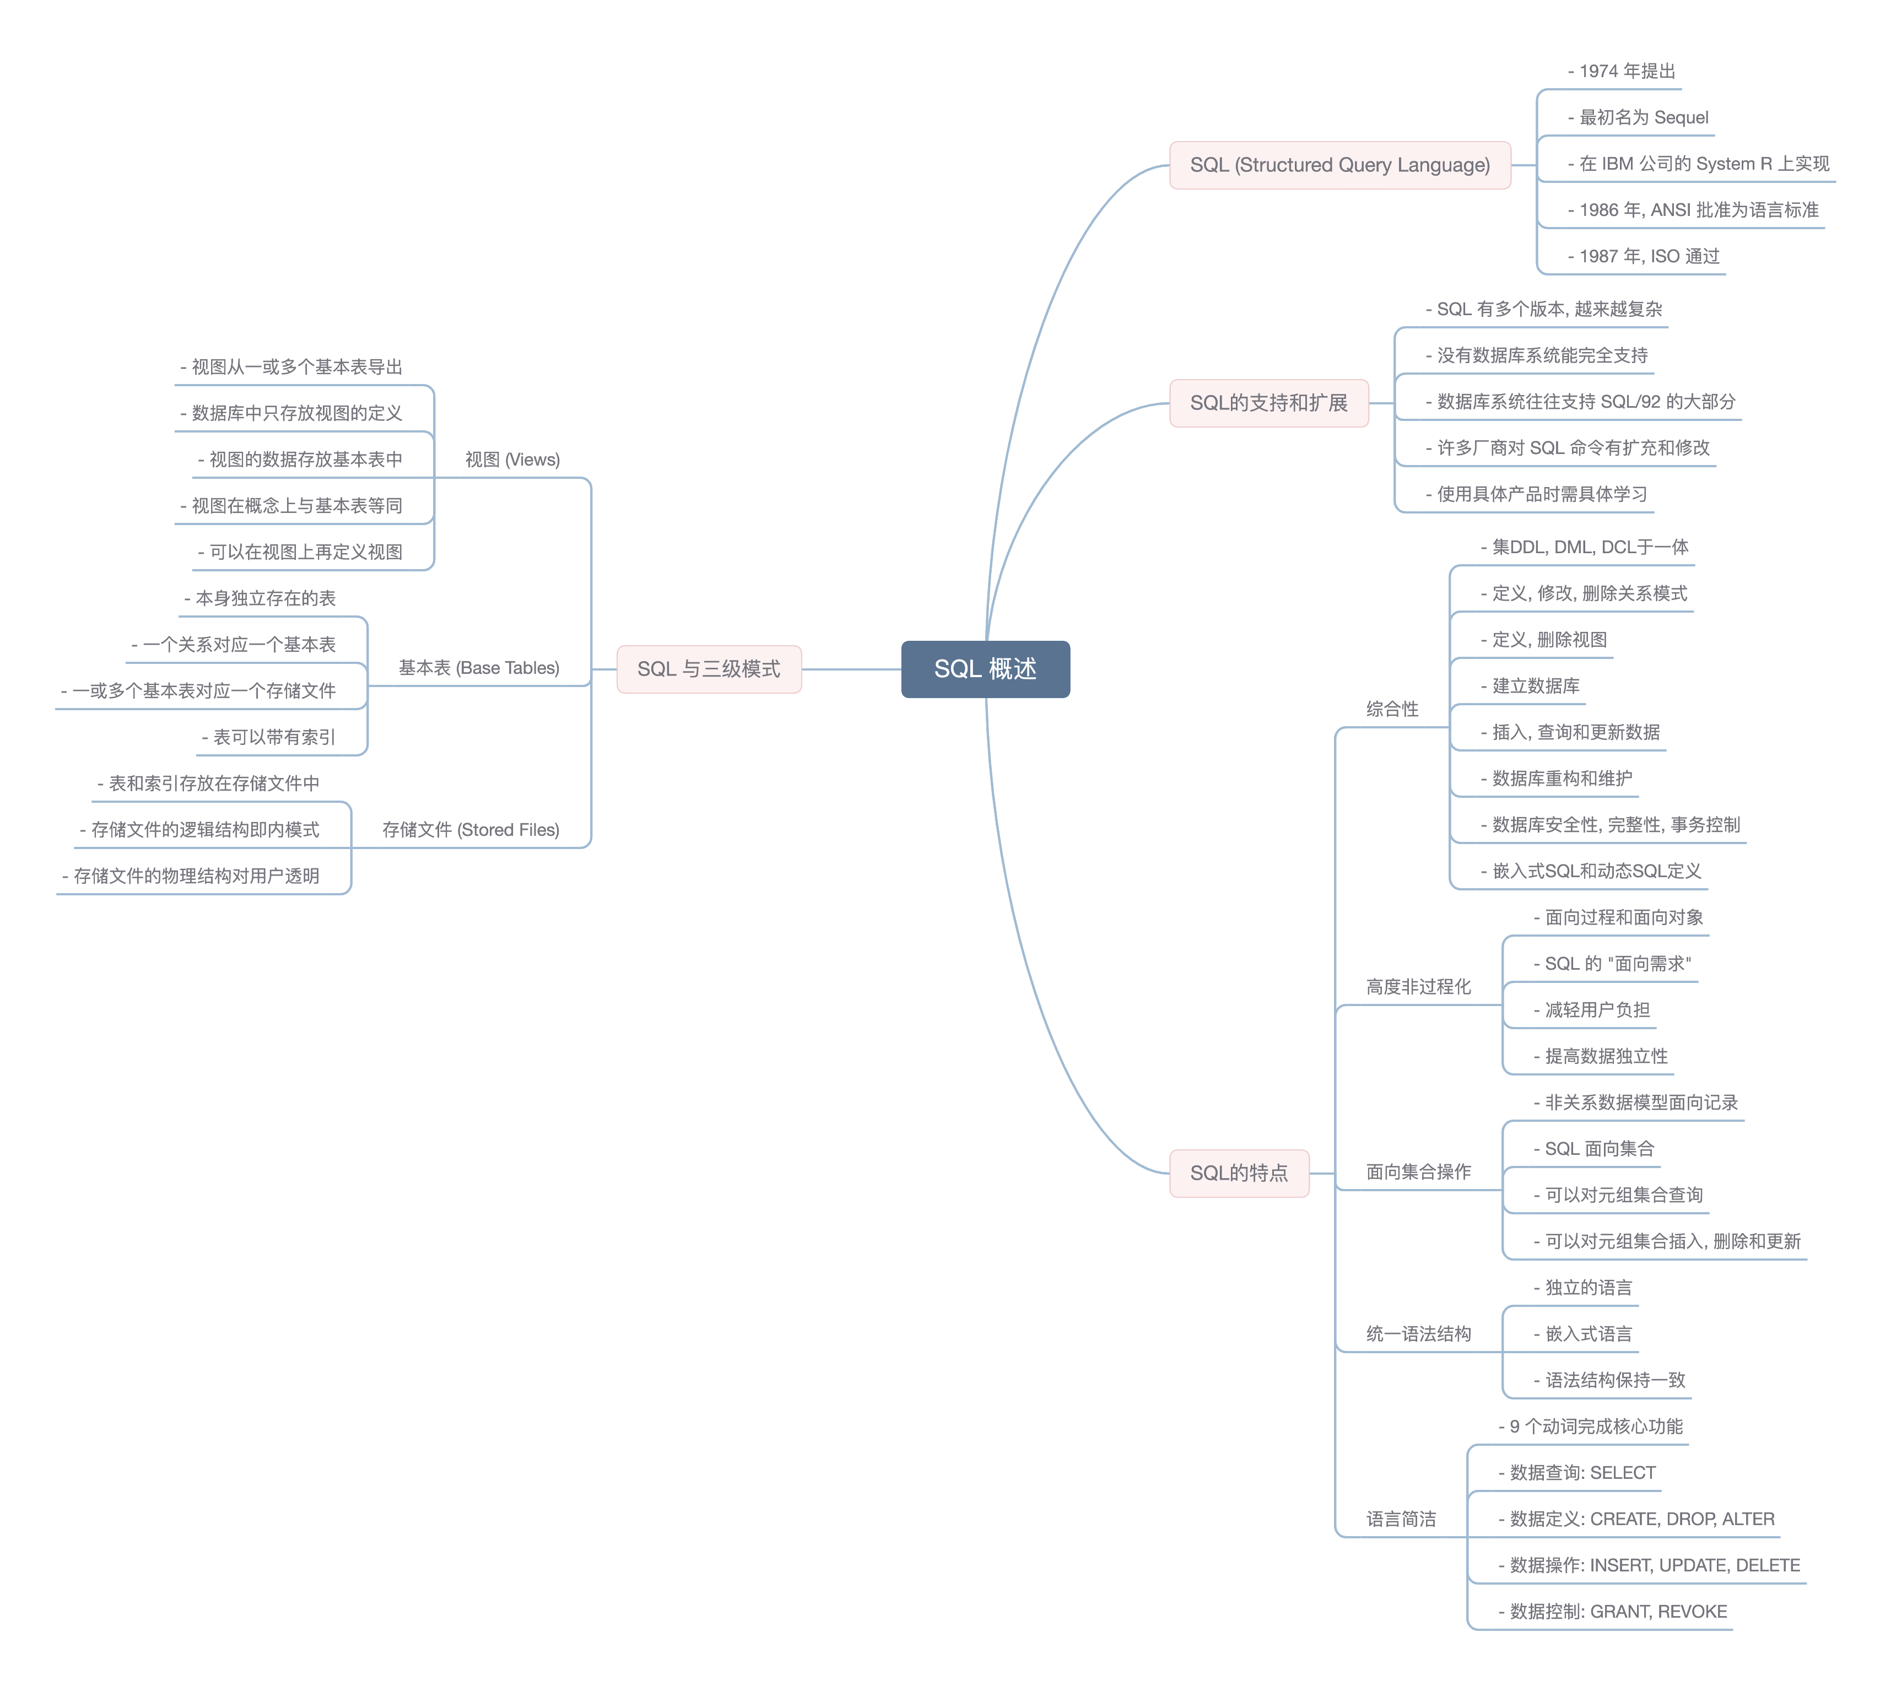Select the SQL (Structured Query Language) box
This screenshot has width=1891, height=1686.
click(x=1339, y=165)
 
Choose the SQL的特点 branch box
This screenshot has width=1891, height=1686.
click(x=1238, y=1173)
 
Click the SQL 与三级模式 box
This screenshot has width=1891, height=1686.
click(x=708, y=669)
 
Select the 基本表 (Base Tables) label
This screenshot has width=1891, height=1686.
click(x=478, y=668)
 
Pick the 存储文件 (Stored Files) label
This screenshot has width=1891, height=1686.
click(x=470, y=830)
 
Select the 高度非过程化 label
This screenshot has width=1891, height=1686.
click(x=1418, y=987)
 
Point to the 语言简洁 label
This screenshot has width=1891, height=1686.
click(x=1400, y=1519)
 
